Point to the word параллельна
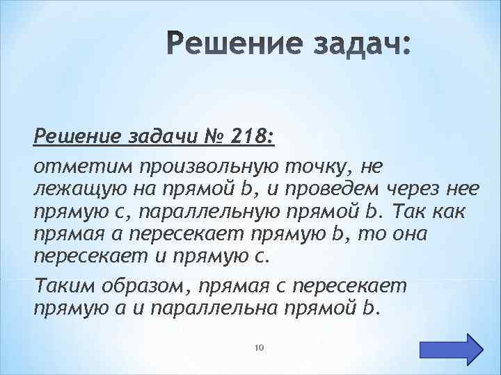(x=235, y=308)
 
